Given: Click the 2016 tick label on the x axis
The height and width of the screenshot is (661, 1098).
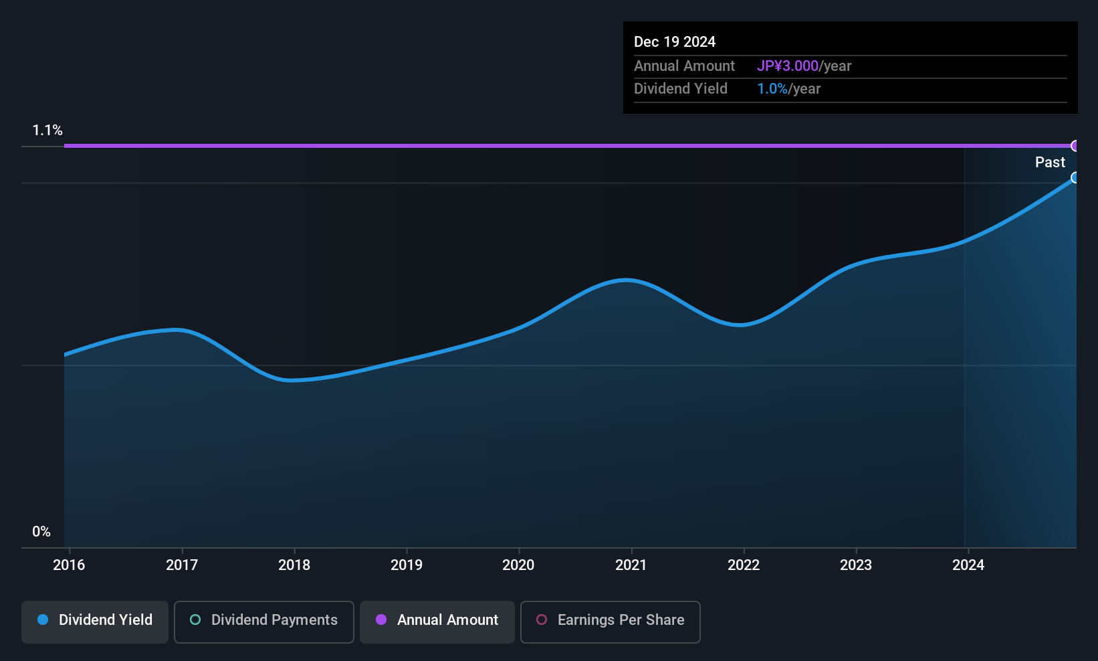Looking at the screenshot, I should coord(69,565).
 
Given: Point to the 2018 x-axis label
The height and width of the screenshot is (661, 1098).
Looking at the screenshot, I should coord(294,565).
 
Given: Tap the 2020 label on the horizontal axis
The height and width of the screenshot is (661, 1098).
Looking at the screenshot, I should coord(518,565).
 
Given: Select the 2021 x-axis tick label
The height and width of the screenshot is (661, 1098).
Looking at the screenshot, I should coord(631,565).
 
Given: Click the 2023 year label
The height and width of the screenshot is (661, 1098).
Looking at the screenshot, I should coord(855,565).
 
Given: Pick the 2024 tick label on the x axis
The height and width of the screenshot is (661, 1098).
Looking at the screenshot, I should coord(968,565).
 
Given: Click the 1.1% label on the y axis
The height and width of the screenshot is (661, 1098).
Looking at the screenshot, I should coord(47,130).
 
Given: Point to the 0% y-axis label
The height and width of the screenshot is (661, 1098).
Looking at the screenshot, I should coord(41,532).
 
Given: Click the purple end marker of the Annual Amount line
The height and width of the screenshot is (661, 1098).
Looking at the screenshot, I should coord(1075,146).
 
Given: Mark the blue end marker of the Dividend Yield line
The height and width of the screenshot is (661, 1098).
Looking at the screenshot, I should coord(1075,177).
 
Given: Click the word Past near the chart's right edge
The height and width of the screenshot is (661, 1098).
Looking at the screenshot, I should coord(1050,163).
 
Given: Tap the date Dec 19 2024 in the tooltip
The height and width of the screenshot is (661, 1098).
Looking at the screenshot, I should coord(675,42).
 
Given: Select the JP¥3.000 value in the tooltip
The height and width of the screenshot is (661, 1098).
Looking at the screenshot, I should coord(788,66).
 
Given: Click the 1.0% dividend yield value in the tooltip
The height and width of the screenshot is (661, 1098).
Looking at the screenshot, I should coord(772,89).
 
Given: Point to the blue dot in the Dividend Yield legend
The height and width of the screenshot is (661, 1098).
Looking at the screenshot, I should coord(43,620).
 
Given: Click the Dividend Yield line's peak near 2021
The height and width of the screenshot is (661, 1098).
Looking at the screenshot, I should coord(625,280).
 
